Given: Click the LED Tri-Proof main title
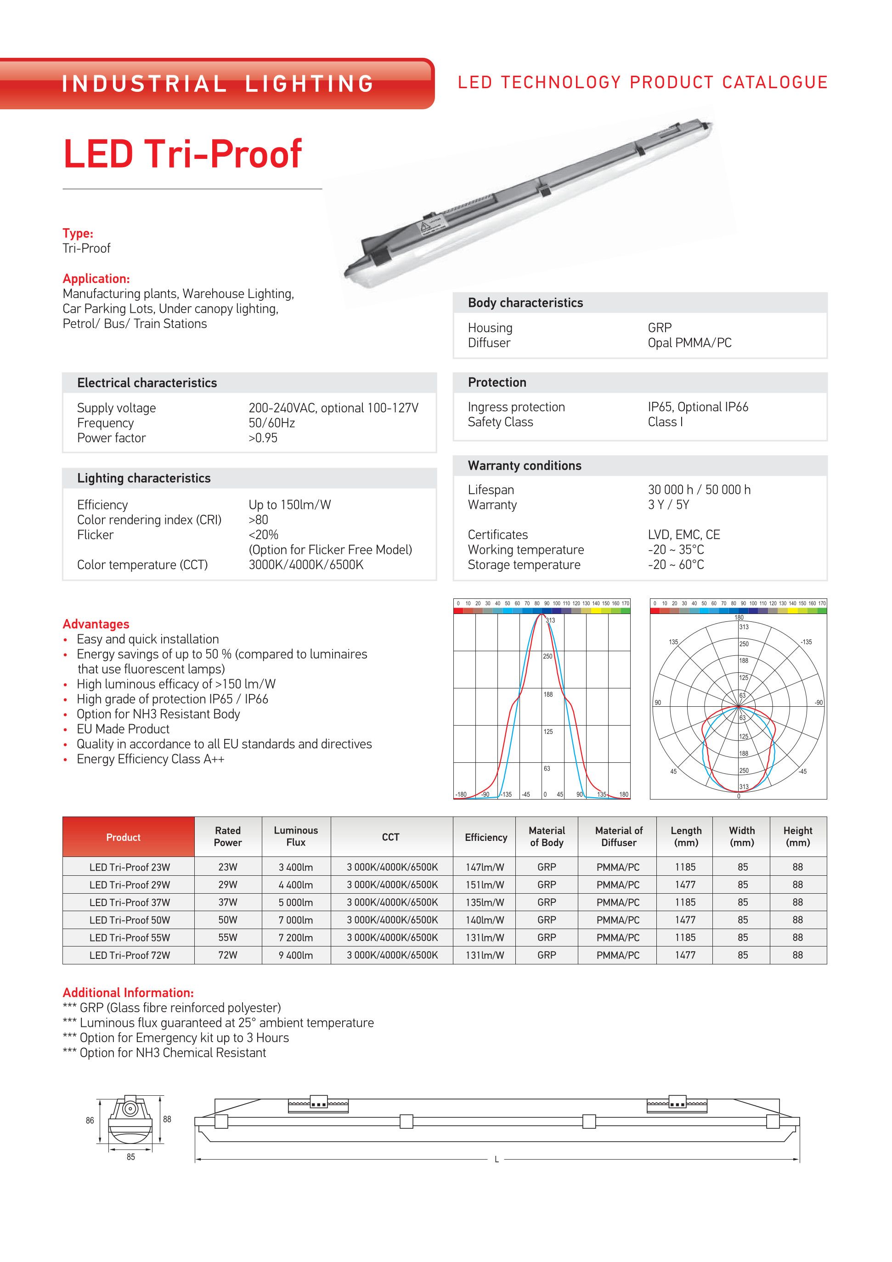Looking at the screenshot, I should tap(182, 154).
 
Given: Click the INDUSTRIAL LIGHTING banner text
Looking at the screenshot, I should tap(218, 84).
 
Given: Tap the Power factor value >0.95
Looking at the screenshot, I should tap(263, 438).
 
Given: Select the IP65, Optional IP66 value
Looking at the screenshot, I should tap(697, 407).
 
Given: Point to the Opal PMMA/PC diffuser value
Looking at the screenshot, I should tap(689, 343).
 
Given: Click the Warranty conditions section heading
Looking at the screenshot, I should tap(525, 466).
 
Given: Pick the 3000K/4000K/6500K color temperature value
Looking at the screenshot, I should tap(305, 564).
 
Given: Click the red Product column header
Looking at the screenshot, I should tap(123, 837).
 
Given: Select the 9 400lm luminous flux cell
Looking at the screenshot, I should tap(295, 955).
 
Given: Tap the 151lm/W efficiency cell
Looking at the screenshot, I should tap(484, 885).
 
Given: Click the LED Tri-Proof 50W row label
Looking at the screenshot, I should tap(130, 920).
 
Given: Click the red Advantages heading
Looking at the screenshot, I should tap(96, 624).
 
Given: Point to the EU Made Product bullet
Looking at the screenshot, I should tap(123, 729).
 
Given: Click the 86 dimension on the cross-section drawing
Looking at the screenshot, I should tap(90, 1120).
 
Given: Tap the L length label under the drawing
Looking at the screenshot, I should tap(496, 1160).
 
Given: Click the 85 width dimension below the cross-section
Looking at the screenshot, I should tap(130, 1157).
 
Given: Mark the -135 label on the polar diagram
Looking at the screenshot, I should tap(806, 642).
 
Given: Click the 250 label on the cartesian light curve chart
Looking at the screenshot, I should tap(548, 656).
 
